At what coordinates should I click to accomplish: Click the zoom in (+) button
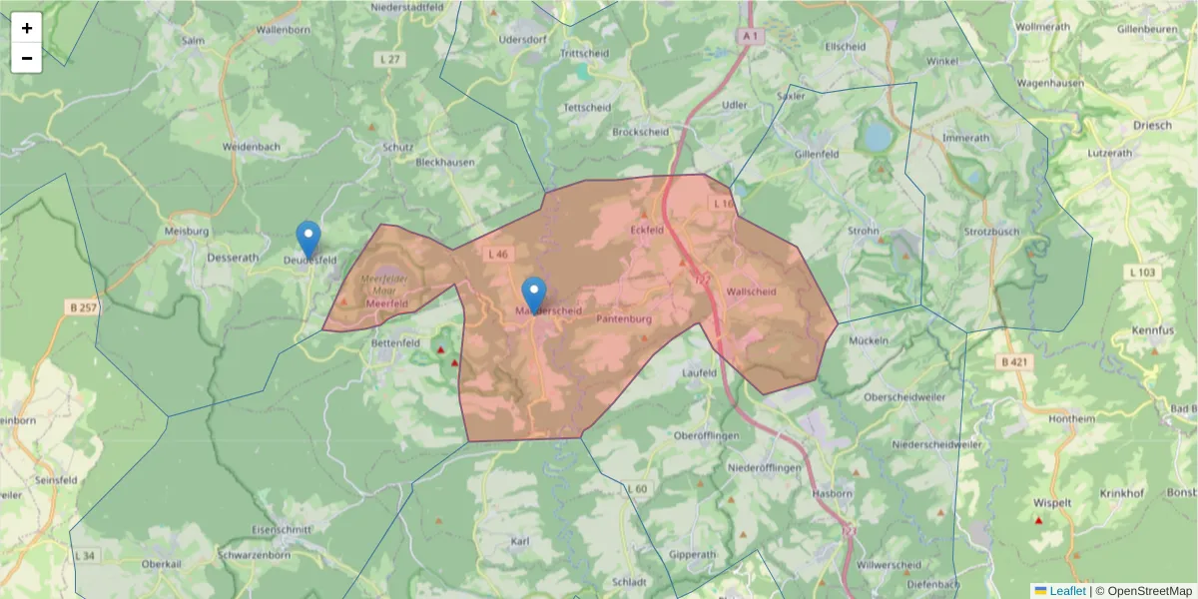coord(27,28)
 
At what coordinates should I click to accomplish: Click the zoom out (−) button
coord(27,58)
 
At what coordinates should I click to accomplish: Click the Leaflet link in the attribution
coord(1066,590)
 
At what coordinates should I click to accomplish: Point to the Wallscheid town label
coord(751,292)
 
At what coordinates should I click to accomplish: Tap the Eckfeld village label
coord(647,230)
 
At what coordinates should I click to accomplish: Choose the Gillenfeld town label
coord(816,155)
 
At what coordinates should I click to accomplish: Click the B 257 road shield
coord(83,307)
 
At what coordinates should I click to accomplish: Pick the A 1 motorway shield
coord(751,36)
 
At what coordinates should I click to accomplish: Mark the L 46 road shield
coord(498,255)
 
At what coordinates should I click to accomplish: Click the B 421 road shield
coord(1013,361)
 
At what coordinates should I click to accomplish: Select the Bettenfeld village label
coord(395,342)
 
